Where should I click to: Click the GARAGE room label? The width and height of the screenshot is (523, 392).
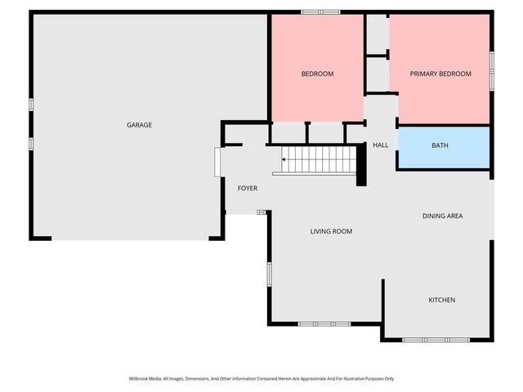[x=139, y=125]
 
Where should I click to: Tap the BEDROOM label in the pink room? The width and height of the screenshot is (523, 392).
[x=317, y=73]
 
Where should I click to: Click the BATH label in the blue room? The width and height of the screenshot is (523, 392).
[x=440, y=145]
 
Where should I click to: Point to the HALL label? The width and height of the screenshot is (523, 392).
[x=380, y=145]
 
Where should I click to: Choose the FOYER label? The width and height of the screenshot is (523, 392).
[x=247, y=189]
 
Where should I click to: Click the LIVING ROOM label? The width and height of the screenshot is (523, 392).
[x=331, y=231]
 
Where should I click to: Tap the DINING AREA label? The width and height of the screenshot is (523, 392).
[x=443, y=216]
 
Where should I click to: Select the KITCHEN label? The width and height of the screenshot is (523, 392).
[x=442, y=300]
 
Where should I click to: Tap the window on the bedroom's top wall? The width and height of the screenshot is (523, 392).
[x=320, y=12]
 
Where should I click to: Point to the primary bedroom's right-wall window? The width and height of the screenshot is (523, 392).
[x=491, y=71]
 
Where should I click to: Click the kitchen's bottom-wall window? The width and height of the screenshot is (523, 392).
[x=436, y=339]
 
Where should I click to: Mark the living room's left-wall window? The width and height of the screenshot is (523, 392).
[x=268, y=274]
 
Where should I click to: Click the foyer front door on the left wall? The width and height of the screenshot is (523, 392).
[x=217, y=162]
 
